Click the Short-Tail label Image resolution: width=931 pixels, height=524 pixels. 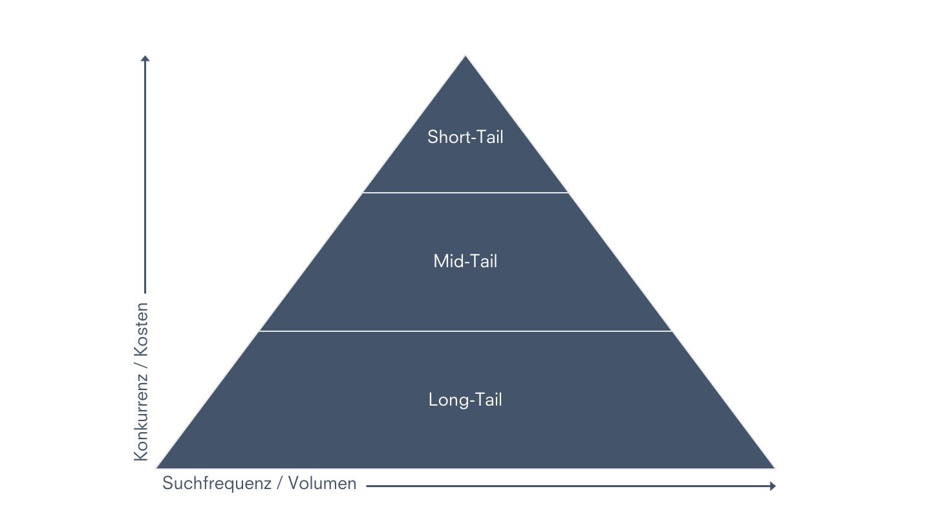(465, 137)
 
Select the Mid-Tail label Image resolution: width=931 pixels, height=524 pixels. (465, 262)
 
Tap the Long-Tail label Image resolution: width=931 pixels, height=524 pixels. (465, 400)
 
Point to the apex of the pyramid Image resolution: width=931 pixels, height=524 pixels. (465, 57)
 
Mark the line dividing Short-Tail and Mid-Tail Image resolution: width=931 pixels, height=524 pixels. (465, 193)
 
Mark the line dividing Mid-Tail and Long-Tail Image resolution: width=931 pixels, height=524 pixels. (465, 331)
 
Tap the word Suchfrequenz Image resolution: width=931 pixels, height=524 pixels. (217, 483)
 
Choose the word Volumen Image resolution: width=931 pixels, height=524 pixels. (323, 483)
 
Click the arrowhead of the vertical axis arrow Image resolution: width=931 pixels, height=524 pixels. (145, 58)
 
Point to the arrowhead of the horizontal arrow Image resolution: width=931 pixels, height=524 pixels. (773, 486)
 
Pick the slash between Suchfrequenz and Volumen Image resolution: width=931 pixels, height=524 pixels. (280, 484)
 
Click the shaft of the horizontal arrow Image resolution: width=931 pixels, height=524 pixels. (569, 486)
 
